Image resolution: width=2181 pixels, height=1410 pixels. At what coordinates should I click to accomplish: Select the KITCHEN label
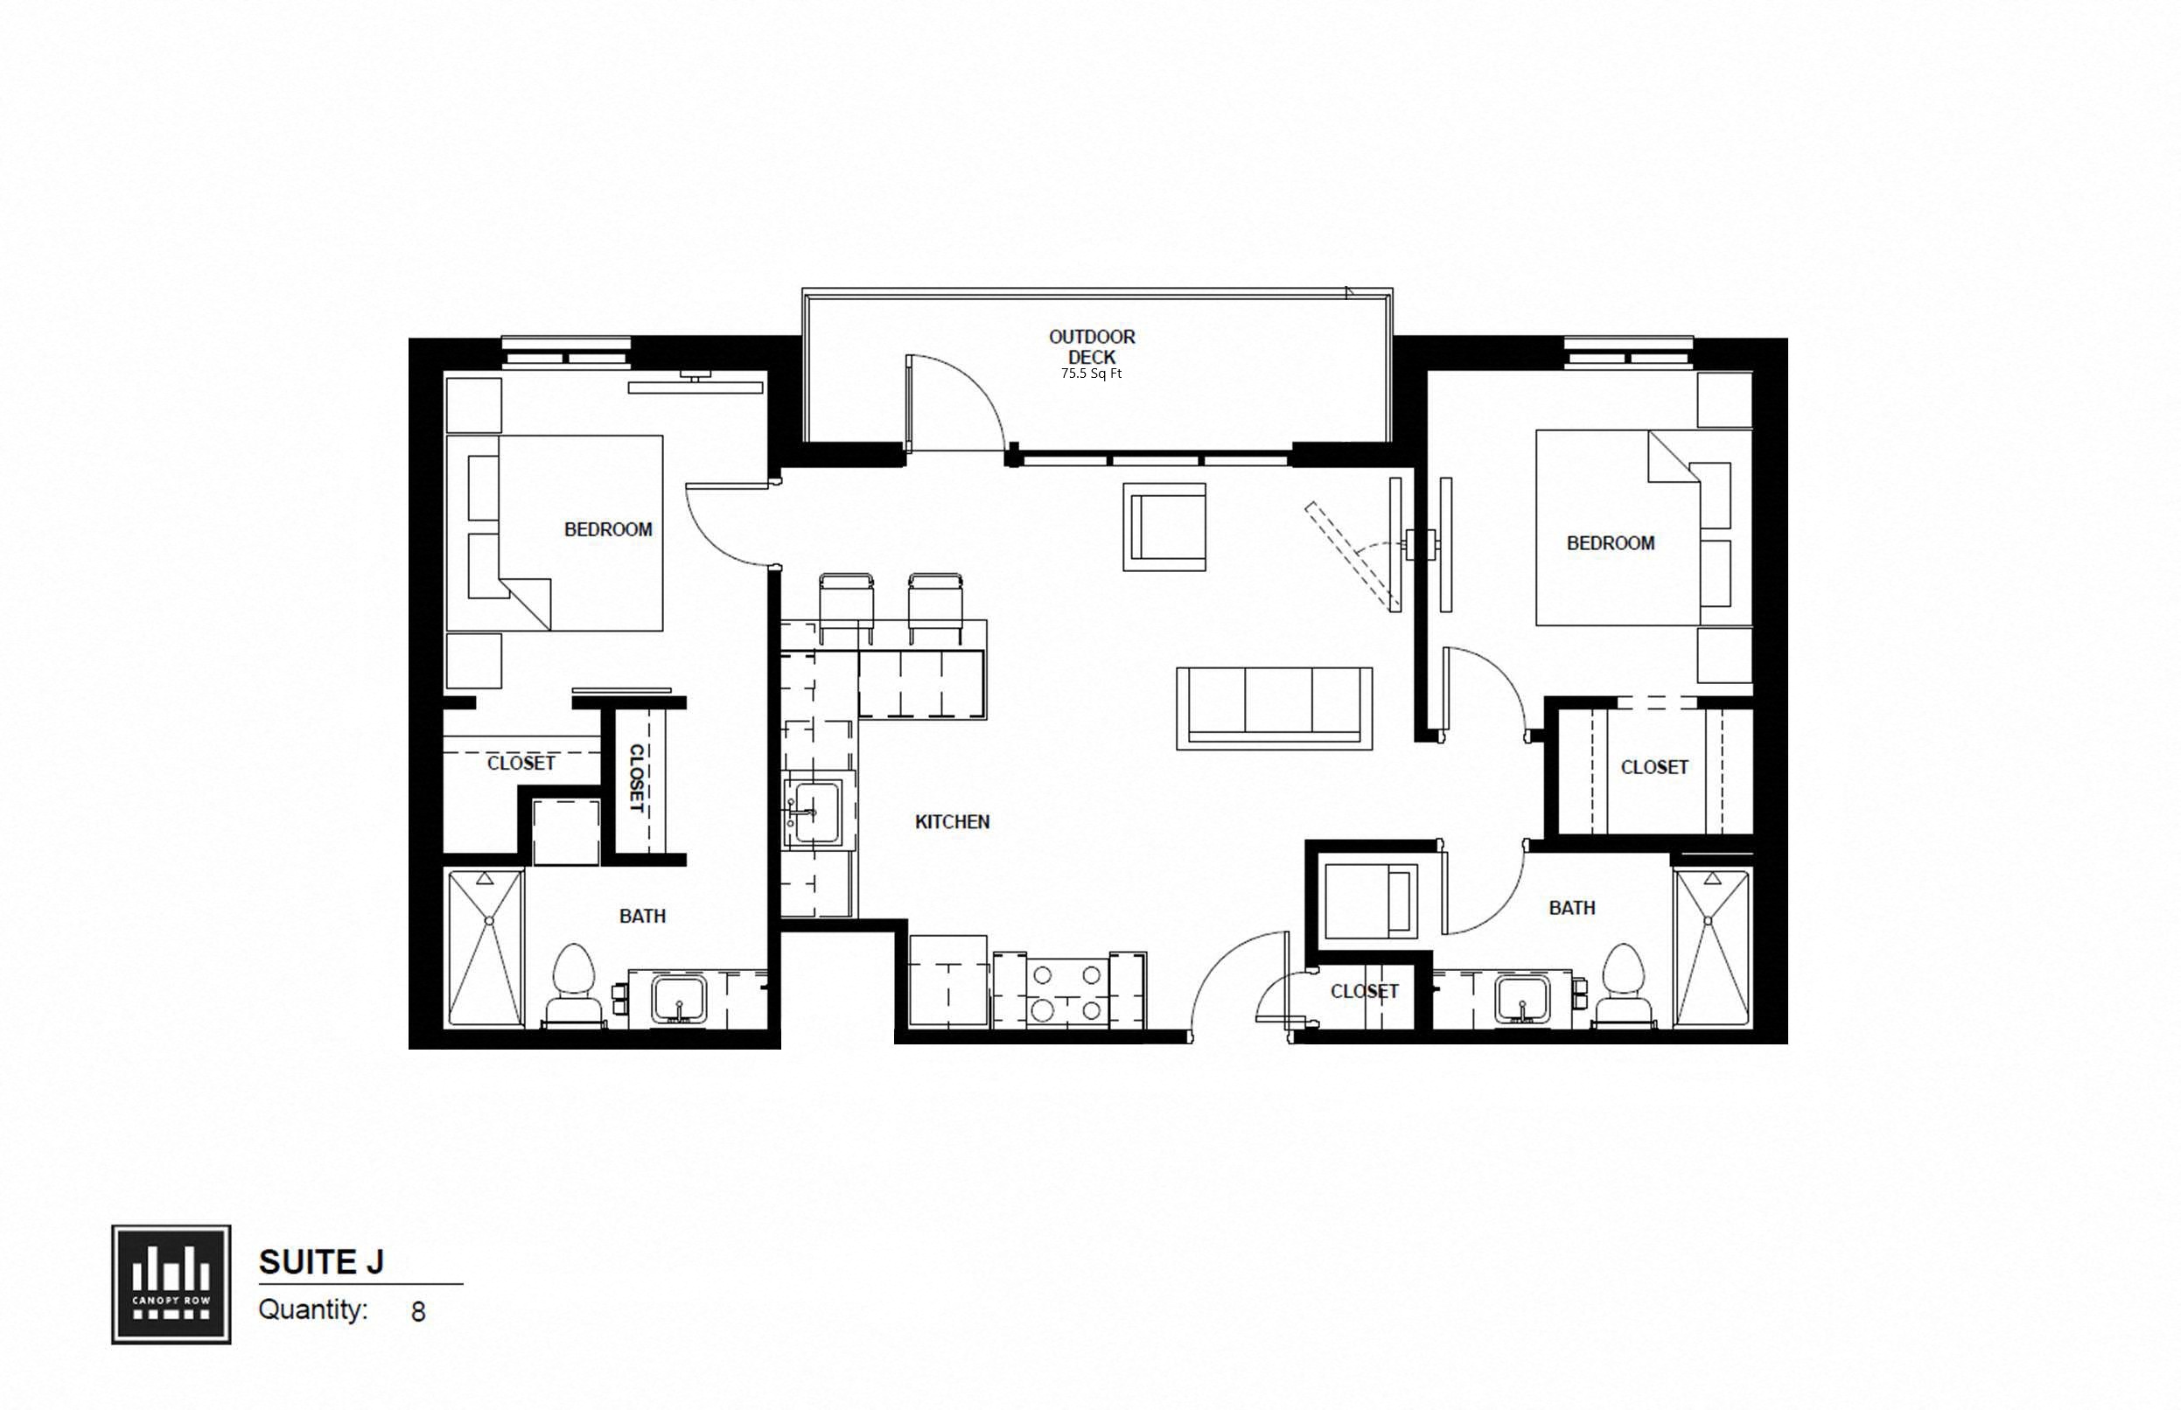951,821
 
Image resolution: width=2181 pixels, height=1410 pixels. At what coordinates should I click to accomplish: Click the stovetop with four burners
1066,993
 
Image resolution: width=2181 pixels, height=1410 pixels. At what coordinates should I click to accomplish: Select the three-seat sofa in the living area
1274,708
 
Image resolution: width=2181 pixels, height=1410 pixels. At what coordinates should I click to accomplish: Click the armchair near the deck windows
1164,527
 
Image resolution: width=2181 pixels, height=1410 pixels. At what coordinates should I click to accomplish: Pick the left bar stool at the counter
845,607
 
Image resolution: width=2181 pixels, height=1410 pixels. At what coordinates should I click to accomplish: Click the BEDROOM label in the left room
607,529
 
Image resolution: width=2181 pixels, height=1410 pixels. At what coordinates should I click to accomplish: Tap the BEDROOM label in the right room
1610,543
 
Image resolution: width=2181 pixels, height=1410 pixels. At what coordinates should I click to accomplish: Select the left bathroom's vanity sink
679,999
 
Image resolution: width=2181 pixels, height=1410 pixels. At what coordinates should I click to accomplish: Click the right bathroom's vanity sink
1521,999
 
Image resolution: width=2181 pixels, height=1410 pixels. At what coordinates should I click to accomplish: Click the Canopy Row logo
171,1285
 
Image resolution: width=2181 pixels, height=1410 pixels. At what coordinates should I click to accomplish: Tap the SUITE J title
320,1261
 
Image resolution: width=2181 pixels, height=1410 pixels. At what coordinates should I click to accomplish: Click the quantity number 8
418,1312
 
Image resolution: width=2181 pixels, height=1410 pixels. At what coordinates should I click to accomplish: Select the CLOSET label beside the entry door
1363,991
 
